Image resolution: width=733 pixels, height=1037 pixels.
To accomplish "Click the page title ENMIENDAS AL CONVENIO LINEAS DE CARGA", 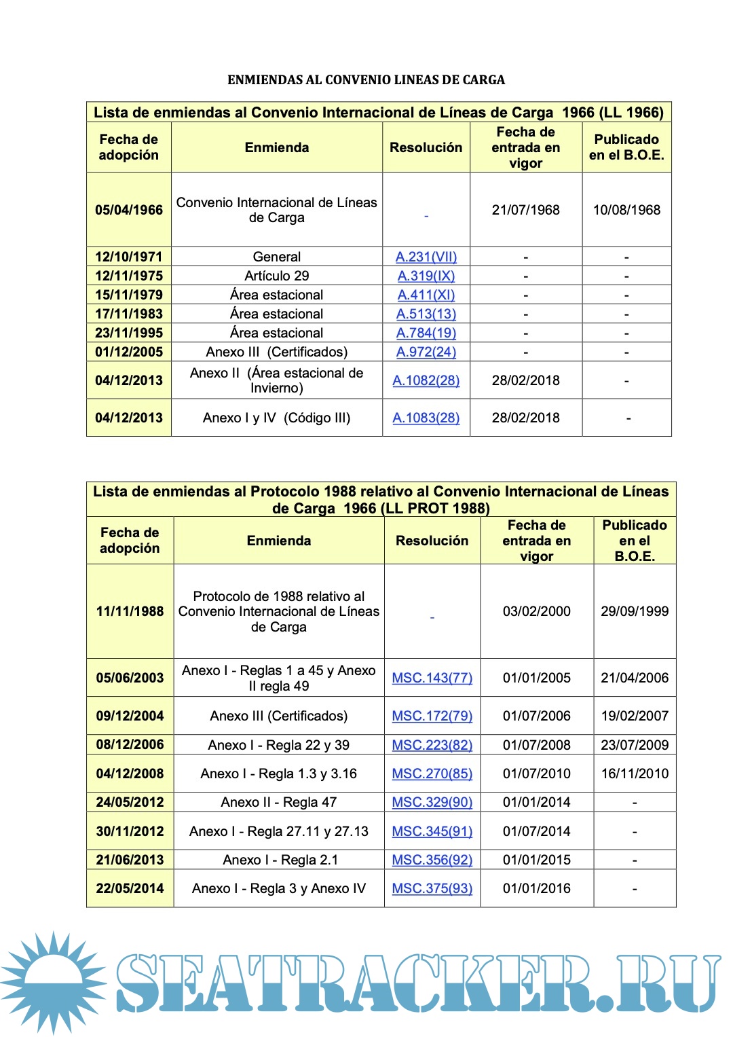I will (x=366, y=79).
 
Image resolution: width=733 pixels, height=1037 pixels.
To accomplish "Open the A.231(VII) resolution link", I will (x=426, y=257).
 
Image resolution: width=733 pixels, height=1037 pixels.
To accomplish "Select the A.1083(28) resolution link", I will (x=426, y=418).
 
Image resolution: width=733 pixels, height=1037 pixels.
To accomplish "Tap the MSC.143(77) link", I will (x=432, y=678).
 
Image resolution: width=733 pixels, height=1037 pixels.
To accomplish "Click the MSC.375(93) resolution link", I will (x=432, y=888).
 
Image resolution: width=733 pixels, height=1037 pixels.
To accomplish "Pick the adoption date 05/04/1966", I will (x=129, y=210).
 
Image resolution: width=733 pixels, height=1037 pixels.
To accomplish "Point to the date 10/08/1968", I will (x=626, y=210).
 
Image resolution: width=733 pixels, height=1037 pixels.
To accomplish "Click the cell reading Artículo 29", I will (x=277, y=276).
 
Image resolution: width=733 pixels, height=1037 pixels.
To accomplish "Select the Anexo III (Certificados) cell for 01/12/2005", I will (x=277, y=352).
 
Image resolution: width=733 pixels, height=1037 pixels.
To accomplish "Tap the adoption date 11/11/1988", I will (x=130, y=611).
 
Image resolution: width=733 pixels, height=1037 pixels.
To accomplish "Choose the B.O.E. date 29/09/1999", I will (x=635, y=611).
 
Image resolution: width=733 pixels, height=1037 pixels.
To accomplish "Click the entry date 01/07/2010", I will (x=536, y=774).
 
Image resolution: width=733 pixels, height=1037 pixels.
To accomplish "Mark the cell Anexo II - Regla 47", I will (x=278, y=802).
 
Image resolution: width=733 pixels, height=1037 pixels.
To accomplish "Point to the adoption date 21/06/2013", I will (x=130, y=860).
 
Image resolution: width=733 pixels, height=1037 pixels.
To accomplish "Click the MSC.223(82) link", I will (x=432, y=745).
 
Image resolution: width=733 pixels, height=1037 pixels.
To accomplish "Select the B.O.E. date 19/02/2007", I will (x=635, y=716).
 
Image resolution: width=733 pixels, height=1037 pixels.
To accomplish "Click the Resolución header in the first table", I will (x=426, y=147).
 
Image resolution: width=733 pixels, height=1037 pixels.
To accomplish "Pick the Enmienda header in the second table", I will (x=279, y=541).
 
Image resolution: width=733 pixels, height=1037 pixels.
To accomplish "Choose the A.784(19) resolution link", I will (x=426, y=333).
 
